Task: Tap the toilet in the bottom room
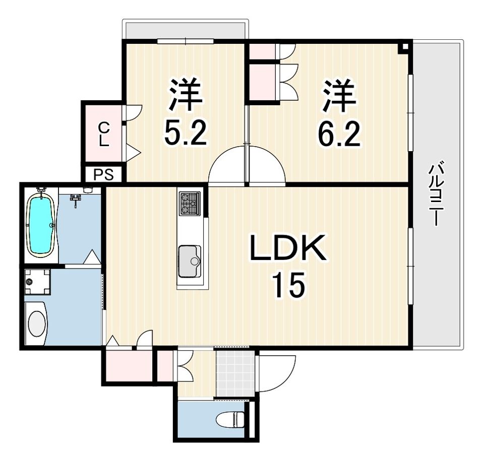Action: pyautogui.click(x=230, y=420)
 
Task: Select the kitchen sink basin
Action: pyautogui.click(x=190, y=261)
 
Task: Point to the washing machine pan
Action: pyautogui.click(x=37, y=282)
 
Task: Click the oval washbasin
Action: pyautogui.click(x=37, y=324)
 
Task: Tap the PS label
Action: pyautogui.click(x=103, y=175)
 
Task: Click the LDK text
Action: pyautogui.click(x=288, y=248)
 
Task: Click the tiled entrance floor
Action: pyautogui.click(x=235, y=373)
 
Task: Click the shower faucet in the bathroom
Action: pyautogui.click(x=75, y=200)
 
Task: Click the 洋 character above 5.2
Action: pyautogui.click(x=185, y=95)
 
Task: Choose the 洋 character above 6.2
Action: pyautogui.click(x=339, y=95)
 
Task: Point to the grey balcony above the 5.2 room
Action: pyautogui.click(x=185, y=30)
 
